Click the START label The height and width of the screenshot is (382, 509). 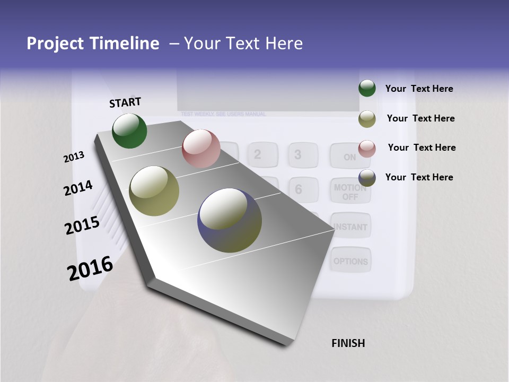click(x=125, y=102)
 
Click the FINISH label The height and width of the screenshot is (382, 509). click(x=348, y=343)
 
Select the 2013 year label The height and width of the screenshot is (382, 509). click(x=74, y=157)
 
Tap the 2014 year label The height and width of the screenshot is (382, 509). click(x=78, y=188)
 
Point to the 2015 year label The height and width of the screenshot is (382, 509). click(x=82, y=225)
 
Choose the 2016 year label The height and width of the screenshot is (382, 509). click(x=90, y=268)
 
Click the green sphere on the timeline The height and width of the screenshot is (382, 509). click(x=129, y=131)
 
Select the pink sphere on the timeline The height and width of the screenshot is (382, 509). click(x=201, y=149)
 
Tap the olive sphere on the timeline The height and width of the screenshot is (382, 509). click(x=154, y=191)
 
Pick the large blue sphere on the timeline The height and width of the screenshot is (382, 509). click(x=230, y=220)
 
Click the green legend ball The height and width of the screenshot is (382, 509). click(x=367, y=89)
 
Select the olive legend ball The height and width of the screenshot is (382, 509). click(x=367, y=119)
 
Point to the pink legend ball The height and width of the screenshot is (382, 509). click(x=367, y=149)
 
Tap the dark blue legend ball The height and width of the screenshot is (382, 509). click(x=367, y=178)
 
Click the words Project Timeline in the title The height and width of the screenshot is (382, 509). click(x=93, y=44)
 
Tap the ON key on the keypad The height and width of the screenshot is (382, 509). click(x=350, y=156)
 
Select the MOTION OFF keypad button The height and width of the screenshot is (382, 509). click(x=350, y=192)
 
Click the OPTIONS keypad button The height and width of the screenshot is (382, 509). click(x=350, y=261)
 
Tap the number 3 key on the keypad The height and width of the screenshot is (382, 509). click(x=298, y=154)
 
